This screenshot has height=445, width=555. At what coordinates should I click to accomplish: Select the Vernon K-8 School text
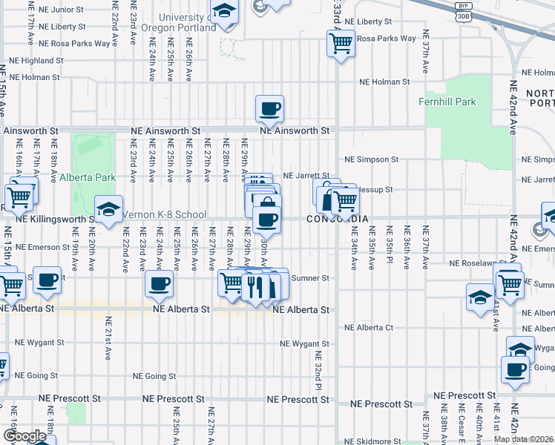164,214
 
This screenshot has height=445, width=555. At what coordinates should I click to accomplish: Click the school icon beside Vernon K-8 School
109,210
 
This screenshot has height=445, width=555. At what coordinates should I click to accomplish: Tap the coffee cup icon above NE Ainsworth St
270,108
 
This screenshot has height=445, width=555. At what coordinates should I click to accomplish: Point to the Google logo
24,436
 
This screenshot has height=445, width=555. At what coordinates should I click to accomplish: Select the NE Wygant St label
304,344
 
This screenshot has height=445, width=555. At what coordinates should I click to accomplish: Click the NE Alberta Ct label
369,327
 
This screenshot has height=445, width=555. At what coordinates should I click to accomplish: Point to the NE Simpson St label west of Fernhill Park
372,159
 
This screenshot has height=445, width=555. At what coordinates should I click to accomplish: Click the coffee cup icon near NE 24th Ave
160,282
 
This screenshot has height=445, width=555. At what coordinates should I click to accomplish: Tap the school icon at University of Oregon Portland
223,12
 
